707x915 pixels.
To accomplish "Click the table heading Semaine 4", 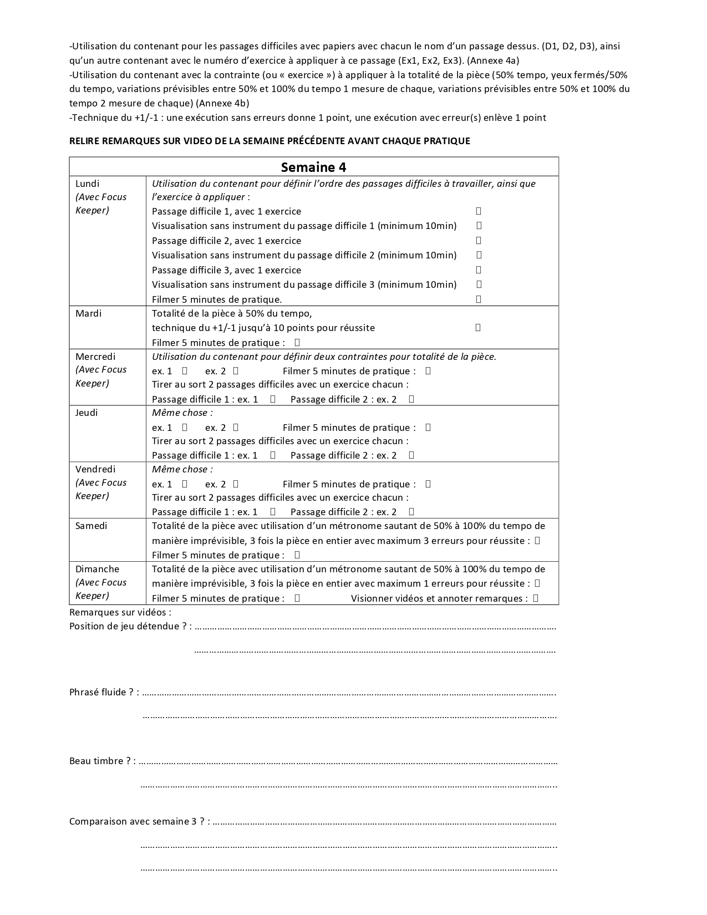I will click(x=313, y=167).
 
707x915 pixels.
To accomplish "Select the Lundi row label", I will click(x=88, y=184).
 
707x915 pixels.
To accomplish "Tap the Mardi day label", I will click(x=89, y=313).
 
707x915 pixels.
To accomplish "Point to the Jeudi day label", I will click(x=87, y=413).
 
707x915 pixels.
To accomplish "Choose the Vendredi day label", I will click(x=95, y=469).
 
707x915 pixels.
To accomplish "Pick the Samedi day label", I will click(x=91, y=526).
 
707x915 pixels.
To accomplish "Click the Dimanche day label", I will click(x=97, y=569).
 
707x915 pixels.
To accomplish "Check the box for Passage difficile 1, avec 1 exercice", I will click(x=479, y=211).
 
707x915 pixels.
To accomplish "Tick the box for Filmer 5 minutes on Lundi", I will click(x=479, y=299).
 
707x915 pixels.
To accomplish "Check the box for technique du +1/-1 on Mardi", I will click(x=478, y=327).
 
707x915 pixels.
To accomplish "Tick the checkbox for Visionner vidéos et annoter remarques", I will click(x=536, y=598).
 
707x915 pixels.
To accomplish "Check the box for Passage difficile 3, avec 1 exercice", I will click(x=479, y=270).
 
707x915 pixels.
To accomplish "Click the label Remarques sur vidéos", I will click(x=120, y=612).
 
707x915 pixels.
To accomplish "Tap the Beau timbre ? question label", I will click(x=102, y=761).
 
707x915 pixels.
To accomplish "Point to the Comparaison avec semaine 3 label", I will click(x=139, y=821).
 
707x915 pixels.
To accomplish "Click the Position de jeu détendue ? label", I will click(x=130, y=626).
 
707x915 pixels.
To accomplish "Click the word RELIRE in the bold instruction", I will click(x=84, y=141).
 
